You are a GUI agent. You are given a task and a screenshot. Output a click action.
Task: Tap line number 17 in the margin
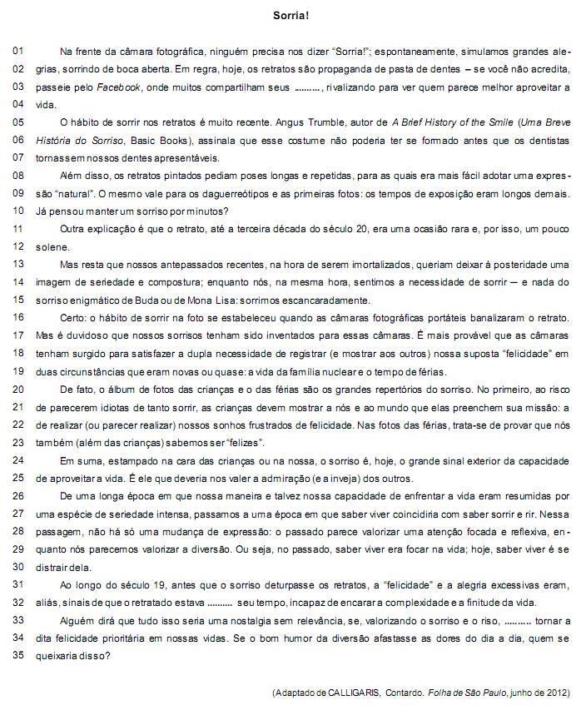tap(17, 335)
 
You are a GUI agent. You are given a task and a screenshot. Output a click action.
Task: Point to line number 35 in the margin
tap(17, 654)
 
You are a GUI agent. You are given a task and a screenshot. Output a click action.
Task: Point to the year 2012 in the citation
tap(556, 693)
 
